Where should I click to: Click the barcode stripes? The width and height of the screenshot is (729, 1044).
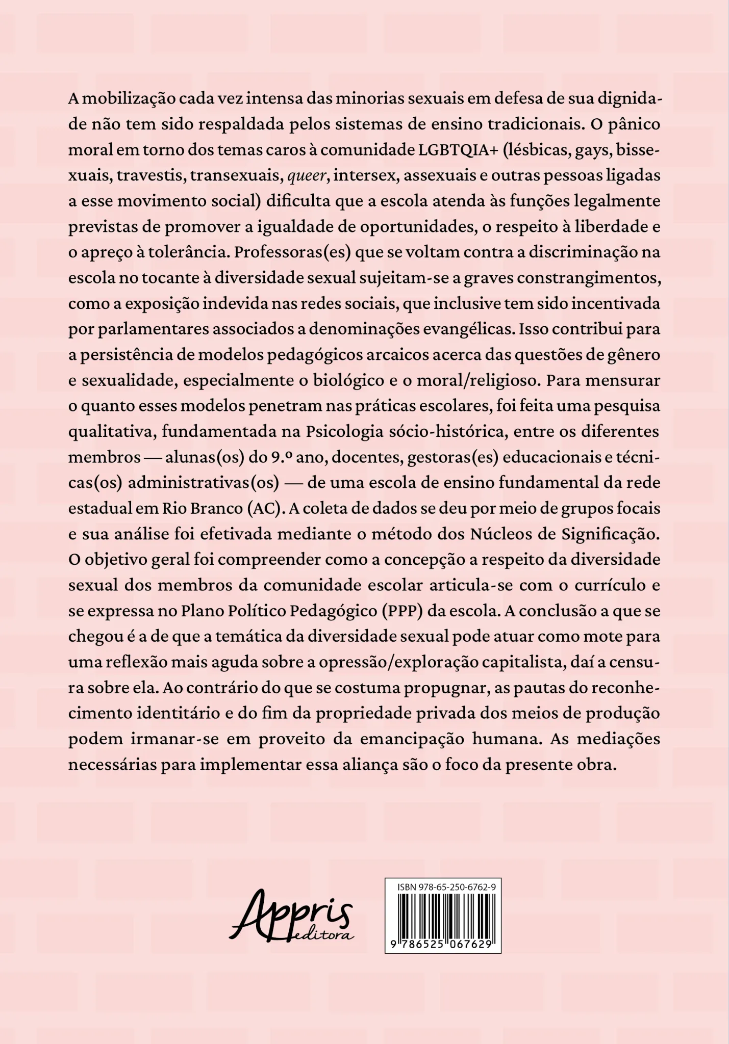point(443,915)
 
